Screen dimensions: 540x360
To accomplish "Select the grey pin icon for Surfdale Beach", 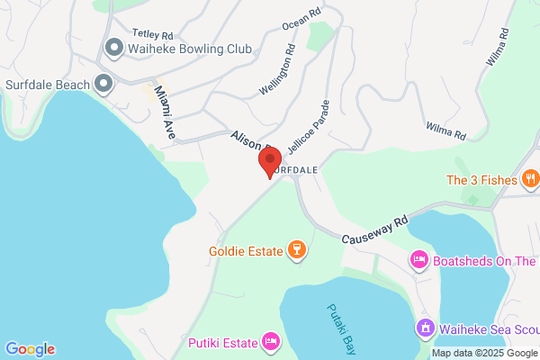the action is pos(103,85).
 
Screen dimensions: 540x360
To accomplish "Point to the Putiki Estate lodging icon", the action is pos(269,341).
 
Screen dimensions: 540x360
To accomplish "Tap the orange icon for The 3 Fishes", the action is pos(531,179).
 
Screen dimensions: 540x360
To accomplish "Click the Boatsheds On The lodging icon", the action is pos(418,261).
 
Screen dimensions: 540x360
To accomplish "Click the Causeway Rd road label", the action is pos(375,230).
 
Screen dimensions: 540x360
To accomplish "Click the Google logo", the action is pos(30,349).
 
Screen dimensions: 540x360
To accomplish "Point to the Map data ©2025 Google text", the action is pos(483,353).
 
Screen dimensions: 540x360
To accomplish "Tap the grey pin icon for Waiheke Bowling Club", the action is pos(114,47).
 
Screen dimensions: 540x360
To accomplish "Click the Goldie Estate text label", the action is pos(245,250).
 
